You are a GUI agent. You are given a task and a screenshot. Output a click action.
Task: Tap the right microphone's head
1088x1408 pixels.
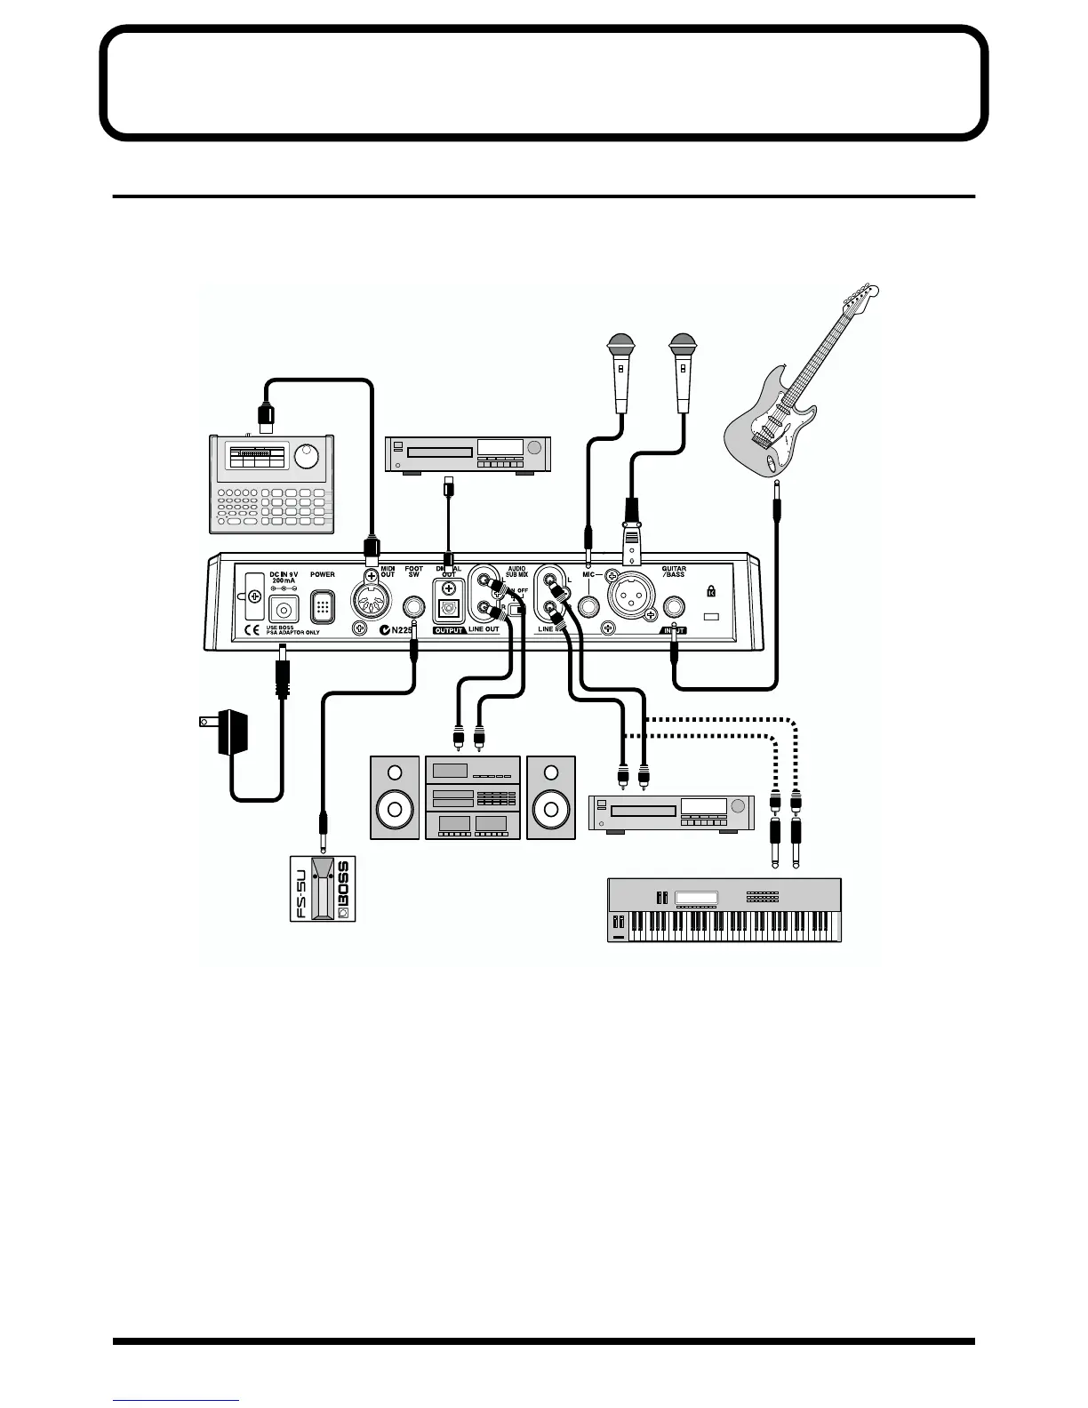coord(682,343)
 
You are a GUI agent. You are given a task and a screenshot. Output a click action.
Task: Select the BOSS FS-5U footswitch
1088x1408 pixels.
coord(323,888)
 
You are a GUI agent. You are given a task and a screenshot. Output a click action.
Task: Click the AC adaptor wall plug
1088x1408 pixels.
coord(229,732)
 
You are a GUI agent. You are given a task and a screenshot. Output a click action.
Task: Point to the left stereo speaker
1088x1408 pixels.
coord(395,797)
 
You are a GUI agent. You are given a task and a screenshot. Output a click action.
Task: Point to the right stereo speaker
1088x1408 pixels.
coord(551,797)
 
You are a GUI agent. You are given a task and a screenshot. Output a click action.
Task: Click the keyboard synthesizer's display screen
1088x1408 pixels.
coord(696,897)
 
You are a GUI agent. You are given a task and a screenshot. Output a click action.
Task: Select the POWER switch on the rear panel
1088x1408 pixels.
coord(323,608)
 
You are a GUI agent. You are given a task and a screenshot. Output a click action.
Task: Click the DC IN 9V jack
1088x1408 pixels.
coord(284,610)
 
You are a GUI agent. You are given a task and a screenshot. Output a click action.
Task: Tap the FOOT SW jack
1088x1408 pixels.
coord(413,609)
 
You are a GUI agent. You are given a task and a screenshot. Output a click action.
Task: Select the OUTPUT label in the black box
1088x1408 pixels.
coord(449,630)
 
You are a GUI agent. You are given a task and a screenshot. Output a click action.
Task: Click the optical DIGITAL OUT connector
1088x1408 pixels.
coord(447,609)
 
